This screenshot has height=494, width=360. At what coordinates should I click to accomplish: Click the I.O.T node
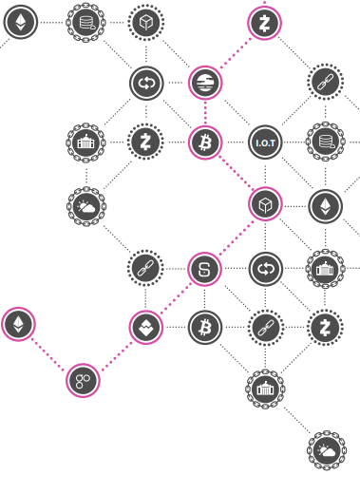click(x=265, y=142)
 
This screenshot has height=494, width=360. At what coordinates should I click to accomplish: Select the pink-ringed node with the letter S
click(x=204, y=269)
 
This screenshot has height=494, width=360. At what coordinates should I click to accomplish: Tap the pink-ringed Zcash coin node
click(x=264, y=23)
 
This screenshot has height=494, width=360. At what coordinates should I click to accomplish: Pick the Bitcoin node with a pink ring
click(x=205, y=142)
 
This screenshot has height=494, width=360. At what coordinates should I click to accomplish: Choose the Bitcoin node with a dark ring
click(x=205, y=328)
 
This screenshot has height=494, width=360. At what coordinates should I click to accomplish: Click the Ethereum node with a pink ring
click(x=18, y=324)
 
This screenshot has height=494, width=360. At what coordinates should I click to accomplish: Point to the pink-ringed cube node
click(x=265, y=204)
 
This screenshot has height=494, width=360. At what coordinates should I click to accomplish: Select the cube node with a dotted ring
click(x=146, y=23)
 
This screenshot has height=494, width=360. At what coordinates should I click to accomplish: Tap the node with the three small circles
click(x=83, y=380)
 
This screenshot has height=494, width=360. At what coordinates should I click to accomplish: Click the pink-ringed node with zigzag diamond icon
click(x=146, y=327)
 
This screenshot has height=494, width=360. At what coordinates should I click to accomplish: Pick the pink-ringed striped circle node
click(x=205, y=83)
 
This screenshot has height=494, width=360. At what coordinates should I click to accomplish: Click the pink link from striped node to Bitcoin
click(x=205, y=113)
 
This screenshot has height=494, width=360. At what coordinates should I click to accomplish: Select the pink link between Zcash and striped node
click(x=236, y=52)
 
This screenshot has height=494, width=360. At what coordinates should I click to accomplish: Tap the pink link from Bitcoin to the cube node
click(x=236, y=173)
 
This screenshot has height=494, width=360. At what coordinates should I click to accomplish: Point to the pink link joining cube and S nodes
click(x=237, y=237)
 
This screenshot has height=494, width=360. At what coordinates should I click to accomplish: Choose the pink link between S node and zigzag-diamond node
click(x=176, y=297)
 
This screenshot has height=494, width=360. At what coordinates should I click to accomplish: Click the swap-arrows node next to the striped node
click(x=146, y=84)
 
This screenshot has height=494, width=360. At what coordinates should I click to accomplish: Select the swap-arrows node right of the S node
click(x=265, y=269)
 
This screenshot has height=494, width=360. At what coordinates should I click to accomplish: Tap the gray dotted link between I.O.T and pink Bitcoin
click(x=235, y=142)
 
